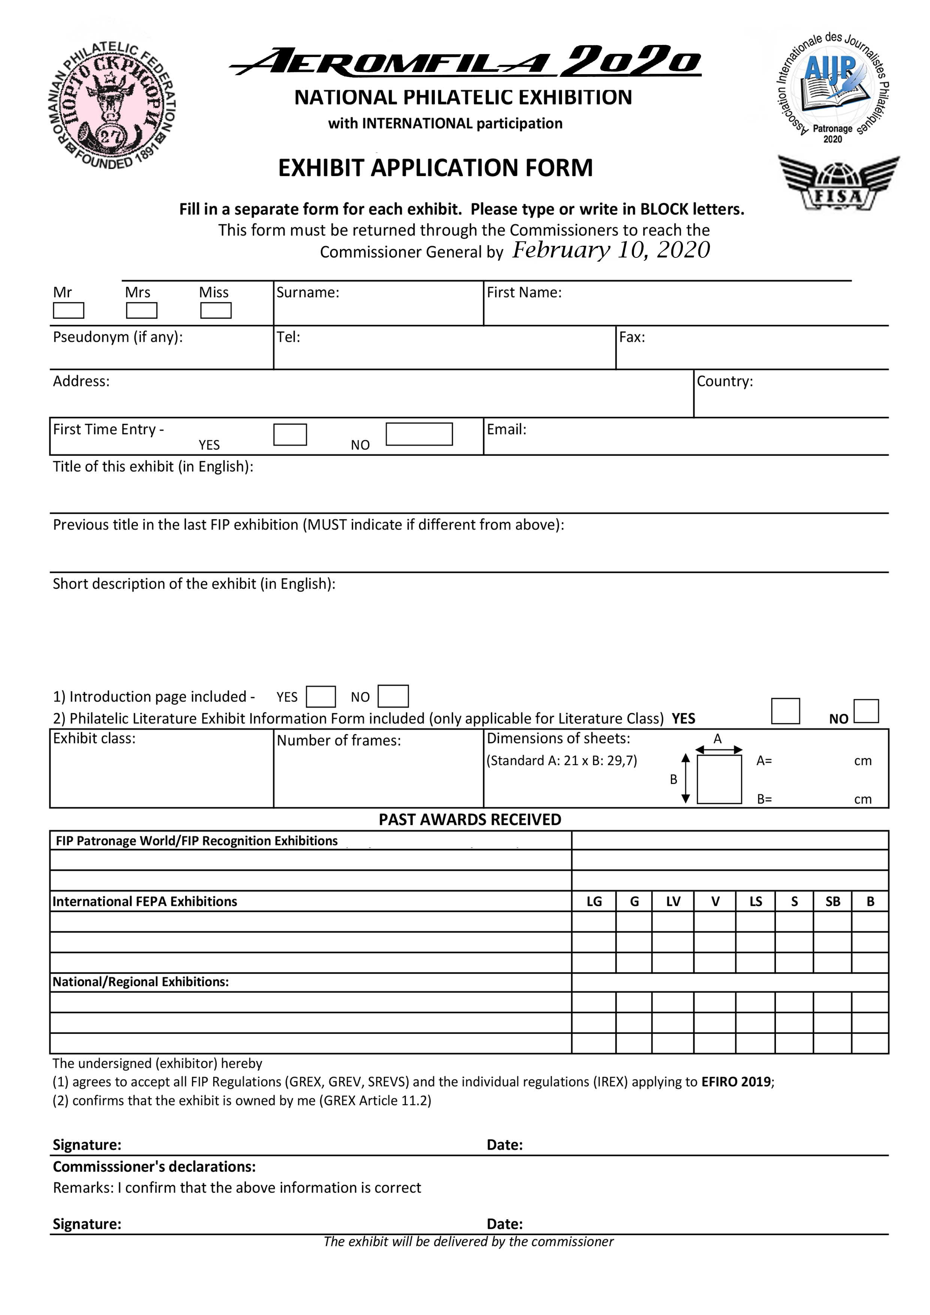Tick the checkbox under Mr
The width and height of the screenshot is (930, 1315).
pos(68,310)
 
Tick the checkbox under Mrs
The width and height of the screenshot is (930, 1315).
pos(142,310)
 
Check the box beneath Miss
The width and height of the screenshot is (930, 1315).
pos(216,310)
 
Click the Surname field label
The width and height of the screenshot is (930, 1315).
pos(308,293)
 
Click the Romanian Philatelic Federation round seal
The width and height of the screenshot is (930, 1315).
pos(112,105)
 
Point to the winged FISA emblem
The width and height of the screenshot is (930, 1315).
pos(838,183)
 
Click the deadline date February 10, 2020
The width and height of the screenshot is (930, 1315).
pos(611,250)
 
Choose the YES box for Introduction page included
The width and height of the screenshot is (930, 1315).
pos(321,697)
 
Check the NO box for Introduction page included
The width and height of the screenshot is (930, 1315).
pos(393,696)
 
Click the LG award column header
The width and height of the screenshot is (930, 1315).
pos(594,902)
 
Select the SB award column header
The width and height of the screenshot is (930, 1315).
pos(833,902)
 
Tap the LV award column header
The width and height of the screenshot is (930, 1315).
pos(673,902)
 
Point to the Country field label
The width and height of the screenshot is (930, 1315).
pos(725,381)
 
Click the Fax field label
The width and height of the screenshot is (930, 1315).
pos(632,337)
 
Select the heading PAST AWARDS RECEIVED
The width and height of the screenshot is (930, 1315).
pos(470,820)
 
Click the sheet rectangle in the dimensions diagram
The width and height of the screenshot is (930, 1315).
pos(719,779)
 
